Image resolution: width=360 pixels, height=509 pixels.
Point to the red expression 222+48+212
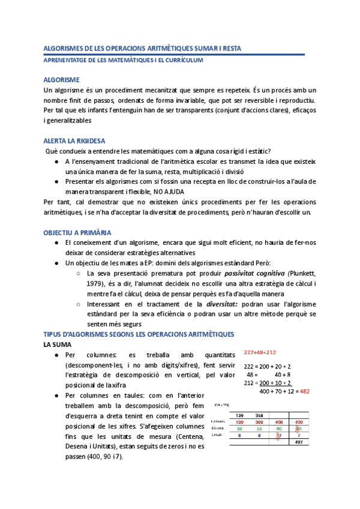(x=260, y=352)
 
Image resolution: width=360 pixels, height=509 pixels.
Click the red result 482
(x=304, y=391)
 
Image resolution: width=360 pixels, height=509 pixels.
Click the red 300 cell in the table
(x=260, y=422)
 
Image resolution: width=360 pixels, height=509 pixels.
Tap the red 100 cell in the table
(x=240, y=422)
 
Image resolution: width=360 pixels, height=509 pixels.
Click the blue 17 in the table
(x=279, y=436)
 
